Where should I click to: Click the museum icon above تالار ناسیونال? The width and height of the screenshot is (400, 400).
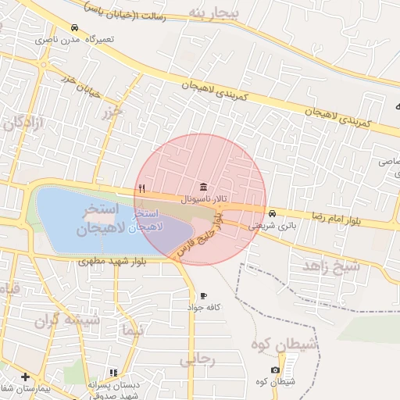pyautogui.click(x=204, y=186)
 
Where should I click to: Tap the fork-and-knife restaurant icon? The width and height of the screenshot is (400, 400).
pyautogui.click(x=141, y=187)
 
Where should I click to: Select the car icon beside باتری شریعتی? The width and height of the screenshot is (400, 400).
pyautogui.click(x=272, y=213)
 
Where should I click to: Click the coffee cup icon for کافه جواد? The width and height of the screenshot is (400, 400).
pyautogui.click(x=204, y=296)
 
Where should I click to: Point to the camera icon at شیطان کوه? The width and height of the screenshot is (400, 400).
pyautogui.click(x=275, y=370)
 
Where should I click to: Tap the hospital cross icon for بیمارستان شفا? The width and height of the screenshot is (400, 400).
pyautogui.click(x=26, y=377)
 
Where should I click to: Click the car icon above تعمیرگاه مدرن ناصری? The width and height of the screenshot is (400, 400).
pyautogui.click(x=73, y=27)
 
